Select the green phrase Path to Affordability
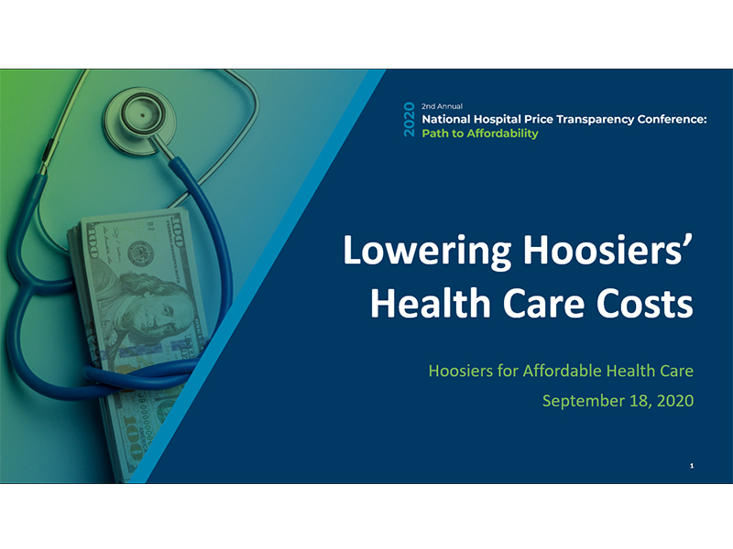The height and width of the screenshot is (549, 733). click(x=480, y=134)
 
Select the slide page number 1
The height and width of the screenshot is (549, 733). click(x=692, y=467)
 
